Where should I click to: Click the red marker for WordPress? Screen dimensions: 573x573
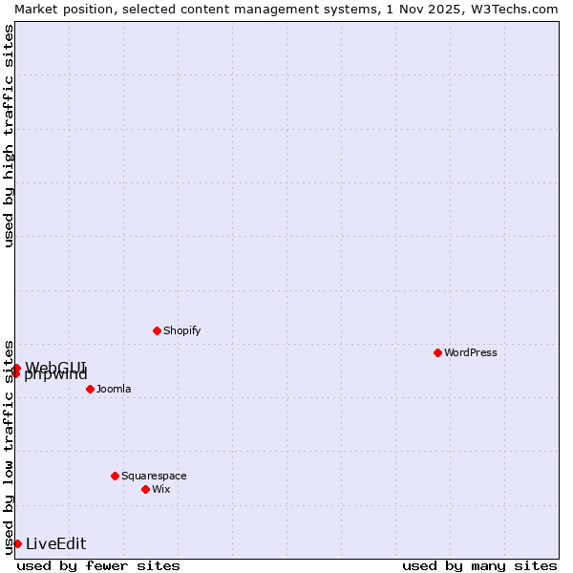[x=437, y=352]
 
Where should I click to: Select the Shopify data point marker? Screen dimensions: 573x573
[x=157, y=330]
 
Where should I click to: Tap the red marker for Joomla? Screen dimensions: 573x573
[x=90, y=389]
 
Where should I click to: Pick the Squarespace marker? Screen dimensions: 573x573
[x=115, y=476]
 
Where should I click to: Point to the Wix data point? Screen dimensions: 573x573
[x=145, y=489]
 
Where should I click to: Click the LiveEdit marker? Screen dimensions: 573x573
[x=17, y=543]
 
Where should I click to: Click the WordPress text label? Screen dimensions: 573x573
[x=471, y=352]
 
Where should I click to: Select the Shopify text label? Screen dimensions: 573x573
[x=181, y=330]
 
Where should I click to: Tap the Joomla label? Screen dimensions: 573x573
[x=114, y=389]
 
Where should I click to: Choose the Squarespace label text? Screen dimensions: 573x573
[x=154, y=476]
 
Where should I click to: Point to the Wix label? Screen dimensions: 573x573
[x=161, y=489]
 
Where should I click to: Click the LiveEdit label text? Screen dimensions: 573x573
[x=55, y=544]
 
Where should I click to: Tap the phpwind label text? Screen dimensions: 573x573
[x=55, y=375]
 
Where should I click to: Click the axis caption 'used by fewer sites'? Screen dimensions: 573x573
[x=98, y=566]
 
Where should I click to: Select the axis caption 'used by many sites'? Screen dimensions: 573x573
[x=479, y=566]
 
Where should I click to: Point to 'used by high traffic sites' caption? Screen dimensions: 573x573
[x=9, y=136]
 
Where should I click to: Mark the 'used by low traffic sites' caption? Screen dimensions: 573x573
[x=9, y=446]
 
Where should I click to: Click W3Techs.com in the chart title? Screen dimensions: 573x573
[x=511, y=9]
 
